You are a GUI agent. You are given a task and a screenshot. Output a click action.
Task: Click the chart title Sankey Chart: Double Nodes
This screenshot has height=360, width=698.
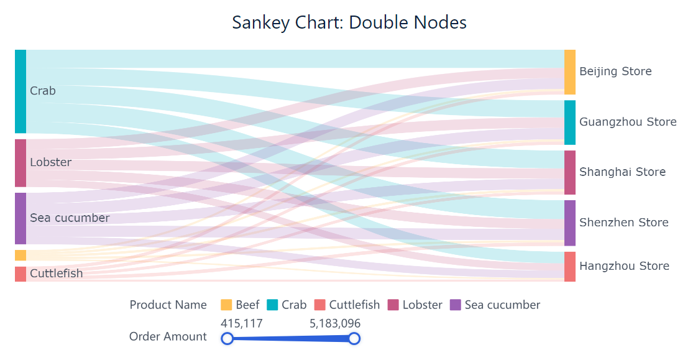(x=349, y=22)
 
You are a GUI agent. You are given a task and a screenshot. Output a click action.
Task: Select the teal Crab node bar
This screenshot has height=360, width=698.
(x=21, y=91)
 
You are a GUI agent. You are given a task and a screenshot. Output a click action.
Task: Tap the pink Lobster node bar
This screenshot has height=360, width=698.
(x=21, y=163)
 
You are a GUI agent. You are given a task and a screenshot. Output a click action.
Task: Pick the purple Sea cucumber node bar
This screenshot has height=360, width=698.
(x=21, y=218)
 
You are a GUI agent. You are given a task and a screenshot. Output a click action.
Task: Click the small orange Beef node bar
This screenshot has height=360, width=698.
(x=21, y=256)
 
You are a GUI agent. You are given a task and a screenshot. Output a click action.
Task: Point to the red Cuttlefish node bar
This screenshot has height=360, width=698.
(x=21, y=274)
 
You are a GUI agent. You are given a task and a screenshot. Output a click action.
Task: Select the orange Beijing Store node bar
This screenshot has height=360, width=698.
(x=570, y=72)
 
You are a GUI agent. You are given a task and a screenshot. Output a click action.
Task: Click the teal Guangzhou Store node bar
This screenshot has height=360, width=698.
(x=570, y=122)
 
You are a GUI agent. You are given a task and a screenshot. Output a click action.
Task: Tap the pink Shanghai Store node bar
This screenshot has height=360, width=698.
(x=570, y=172)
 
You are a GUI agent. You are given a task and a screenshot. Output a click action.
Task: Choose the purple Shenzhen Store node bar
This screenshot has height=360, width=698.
(x=570, y=223)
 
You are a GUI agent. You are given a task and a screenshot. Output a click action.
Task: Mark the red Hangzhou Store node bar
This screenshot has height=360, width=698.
(x=570, y=267)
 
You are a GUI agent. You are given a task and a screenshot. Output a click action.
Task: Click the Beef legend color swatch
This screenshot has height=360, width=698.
(x=226, y=305)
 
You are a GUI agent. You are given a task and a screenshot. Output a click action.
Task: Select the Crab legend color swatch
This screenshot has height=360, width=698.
(x=272, y=305)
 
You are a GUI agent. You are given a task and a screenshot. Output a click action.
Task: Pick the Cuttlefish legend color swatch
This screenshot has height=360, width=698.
(x=320, y=305)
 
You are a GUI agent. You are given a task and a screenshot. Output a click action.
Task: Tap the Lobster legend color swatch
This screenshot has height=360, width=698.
(x=393, y=305)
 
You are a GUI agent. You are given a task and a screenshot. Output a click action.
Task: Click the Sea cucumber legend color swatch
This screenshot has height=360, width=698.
(x=456, y=305)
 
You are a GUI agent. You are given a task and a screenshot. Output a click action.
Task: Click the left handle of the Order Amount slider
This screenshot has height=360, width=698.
(x=227, y=338)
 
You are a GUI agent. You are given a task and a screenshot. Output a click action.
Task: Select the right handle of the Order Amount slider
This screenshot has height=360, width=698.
(x=354, y=338)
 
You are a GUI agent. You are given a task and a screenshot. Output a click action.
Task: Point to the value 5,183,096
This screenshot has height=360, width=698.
(x=335, y=323)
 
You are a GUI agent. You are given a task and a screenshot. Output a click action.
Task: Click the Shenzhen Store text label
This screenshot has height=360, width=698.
(x=623, y=223)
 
